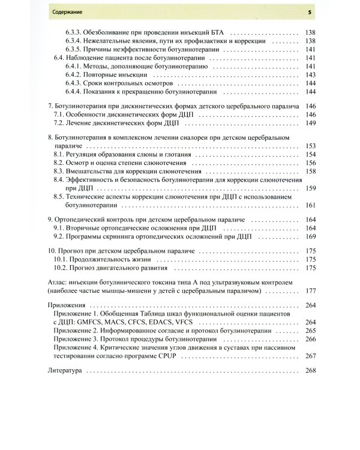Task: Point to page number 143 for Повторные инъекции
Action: point(310,75)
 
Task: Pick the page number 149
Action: point(310,123)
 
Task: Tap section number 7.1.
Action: point(59,114)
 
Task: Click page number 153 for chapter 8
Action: point(310,146)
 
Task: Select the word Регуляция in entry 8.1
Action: point(84,154)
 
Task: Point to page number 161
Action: point(310,205)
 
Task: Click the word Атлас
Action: point(57,281)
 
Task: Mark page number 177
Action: point(310,290)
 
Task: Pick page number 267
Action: point(310,356)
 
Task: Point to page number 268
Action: point(310,371)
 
